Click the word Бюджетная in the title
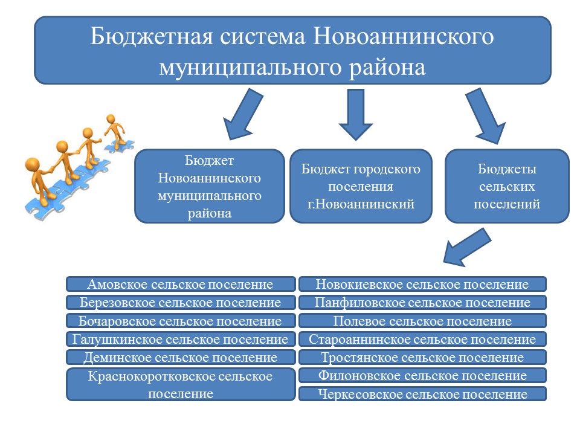click(x=152, y=37)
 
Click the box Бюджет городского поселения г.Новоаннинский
click(x=361, y=186)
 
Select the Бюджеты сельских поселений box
click(x=507, y=186)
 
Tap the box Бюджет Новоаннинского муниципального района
click(x=210, y=186)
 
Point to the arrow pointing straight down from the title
click(x=356, y=115)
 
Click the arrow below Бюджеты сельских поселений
click(x=467, y=247)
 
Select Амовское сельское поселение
click(x=181, y=284)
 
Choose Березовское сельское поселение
click(x=181, y=302)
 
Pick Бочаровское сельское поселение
click(x=181, y=321)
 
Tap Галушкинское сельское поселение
click(x=181, y=339)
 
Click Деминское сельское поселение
click(x=181, y=357)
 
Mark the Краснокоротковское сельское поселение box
click(x=181, y=384)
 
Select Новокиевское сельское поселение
click(x=422, y=284)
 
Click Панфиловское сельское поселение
click(x=422, y=302)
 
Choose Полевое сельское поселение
click(x=422, y=321)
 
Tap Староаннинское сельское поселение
click(x=422, y=339)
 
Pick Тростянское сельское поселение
click(x=422, y=357)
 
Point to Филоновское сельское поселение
click(x=422, y=375)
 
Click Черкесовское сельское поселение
click(x=422, y=394)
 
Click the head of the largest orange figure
click(x=33, y=165)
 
